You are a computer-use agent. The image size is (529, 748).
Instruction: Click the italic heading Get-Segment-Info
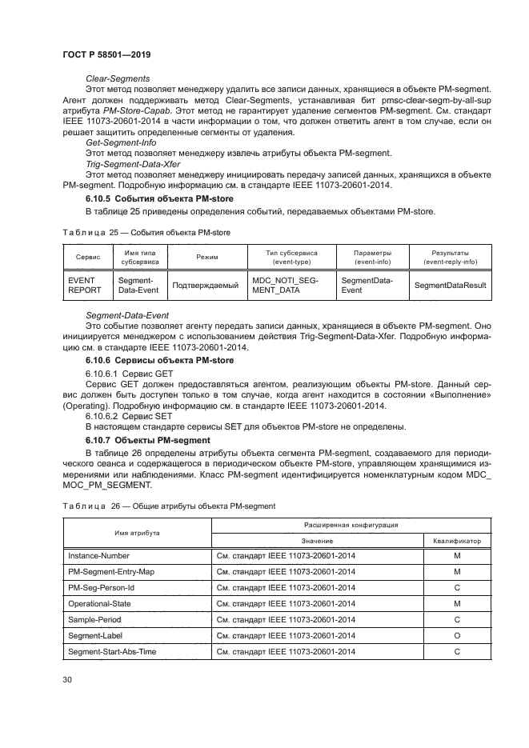click(x=121, y=142)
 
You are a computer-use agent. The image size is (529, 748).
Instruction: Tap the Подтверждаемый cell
click(x=205, y=286)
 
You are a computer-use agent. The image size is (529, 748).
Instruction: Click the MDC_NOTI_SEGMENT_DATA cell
click(x=285, y=286)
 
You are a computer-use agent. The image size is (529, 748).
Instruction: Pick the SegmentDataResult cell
click(x=449, y=286)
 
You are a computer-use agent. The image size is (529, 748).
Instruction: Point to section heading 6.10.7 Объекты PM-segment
click(x=148, y=441)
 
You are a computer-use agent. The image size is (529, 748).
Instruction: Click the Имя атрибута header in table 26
click(x=136, y=533)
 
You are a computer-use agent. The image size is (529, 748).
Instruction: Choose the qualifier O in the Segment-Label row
click(x=456, y=636)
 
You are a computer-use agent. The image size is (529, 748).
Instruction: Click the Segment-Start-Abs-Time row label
click(x=112, y=652)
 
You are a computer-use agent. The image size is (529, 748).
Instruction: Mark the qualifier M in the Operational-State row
click(x=456, y=604)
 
